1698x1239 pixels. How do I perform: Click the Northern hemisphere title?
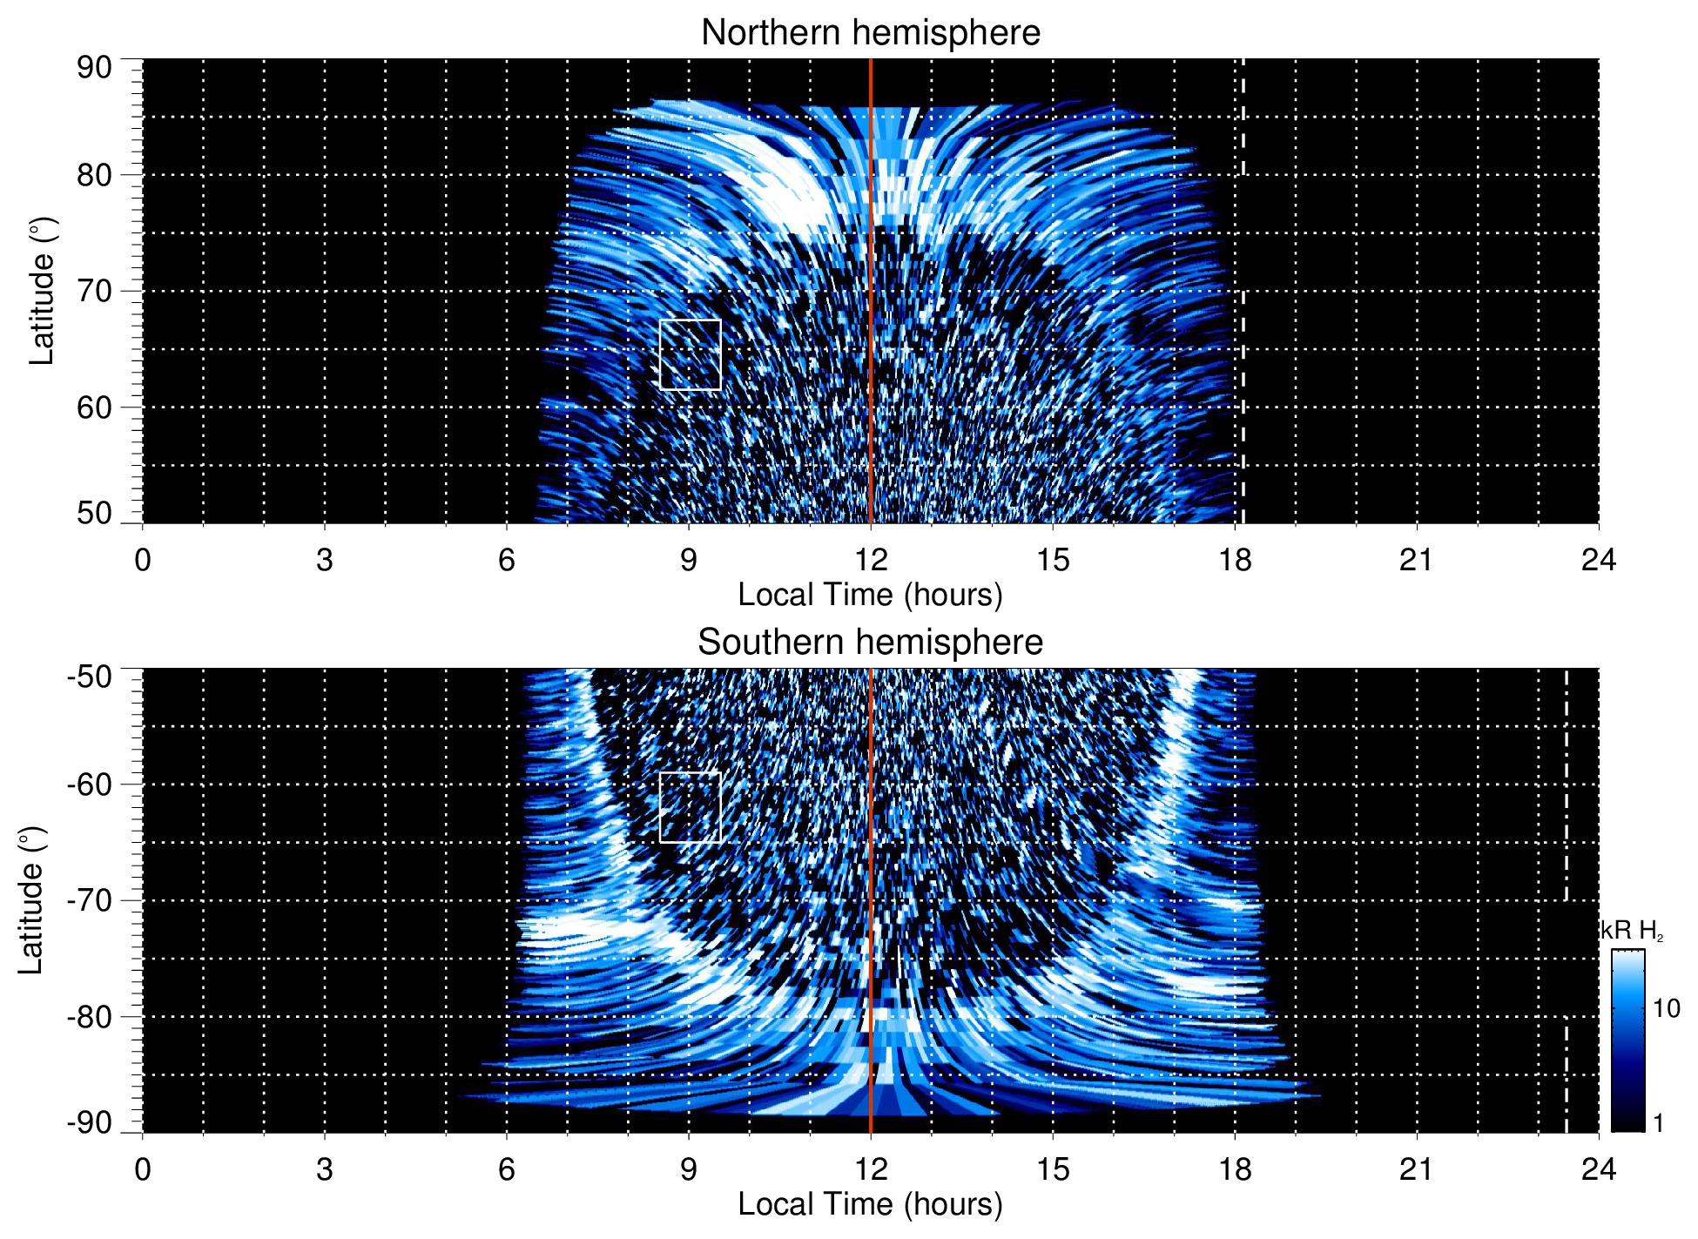[x=870, y=33]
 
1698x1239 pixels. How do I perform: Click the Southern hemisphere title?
[x=870, y=643]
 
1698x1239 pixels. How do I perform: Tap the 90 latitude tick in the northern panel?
[x=94, y=68]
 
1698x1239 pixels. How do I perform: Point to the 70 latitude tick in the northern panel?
[x=94, y=291]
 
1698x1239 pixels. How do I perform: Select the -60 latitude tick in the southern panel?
[x=90, y=784]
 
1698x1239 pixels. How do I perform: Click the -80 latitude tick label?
[x=90, y=1016]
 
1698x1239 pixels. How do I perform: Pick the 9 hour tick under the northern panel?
[x=689, y=560]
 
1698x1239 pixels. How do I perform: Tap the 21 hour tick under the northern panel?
[x=1417, y=560]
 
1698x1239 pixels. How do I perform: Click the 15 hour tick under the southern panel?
[x=1053, y=1169]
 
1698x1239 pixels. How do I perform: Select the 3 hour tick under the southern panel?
[x=325, y=1169]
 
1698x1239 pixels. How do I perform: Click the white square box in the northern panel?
[x=691, y=355]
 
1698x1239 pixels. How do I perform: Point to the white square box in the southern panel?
[x=691, y=807]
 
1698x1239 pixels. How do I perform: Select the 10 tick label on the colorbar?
[x=1666, y=1009]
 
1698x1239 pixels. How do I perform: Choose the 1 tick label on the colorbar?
[x=1658, y=1123]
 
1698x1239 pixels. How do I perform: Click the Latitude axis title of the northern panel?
[x=42, y=291]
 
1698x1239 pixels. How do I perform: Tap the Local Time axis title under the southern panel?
[x=870, y=1204]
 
